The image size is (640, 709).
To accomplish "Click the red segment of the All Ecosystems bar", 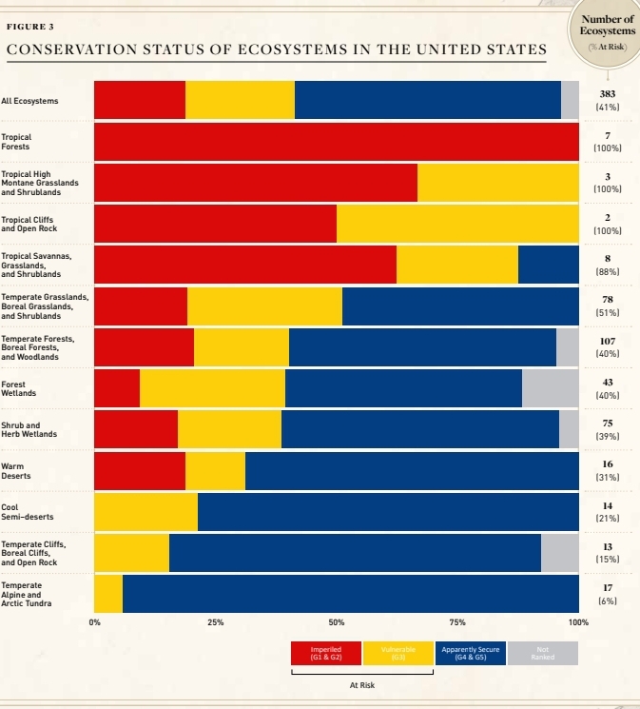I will coord(140,100).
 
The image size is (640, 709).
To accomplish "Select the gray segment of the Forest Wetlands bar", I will coord(550,387).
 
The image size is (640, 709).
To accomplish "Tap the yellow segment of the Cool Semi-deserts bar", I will coord(145,512).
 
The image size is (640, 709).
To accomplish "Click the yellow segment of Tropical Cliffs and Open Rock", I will coord(457,223).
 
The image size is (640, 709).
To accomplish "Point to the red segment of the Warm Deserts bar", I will coord(140,471).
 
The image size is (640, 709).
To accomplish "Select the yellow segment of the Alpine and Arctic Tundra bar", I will coord(108,594).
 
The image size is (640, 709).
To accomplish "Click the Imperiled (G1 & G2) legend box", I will coord(326,653).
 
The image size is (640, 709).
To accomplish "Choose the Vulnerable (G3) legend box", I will coord(398,653).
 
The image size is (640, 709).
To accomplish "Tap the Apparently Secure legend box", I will coord(470,653).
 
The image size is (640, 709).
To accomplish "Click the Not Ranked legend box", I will coord(542,653).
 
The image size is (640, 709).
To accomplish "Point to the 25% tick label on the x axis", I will coord(215,621).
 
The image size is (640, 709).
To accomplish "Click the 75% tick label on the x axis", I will coord(457,621).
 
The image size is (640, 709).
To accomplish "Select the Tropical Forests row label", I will coord(15,142).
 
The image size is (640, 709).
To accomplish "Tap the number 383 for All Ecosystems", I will coord(608,94).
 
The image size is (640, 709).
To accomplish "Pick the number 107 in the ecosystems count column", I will coord(608,340).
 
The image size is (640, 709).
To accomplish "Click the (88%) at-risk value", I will coord(608,271).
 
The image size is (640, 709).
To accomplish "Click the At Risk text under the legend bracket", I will coord(362,685).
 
